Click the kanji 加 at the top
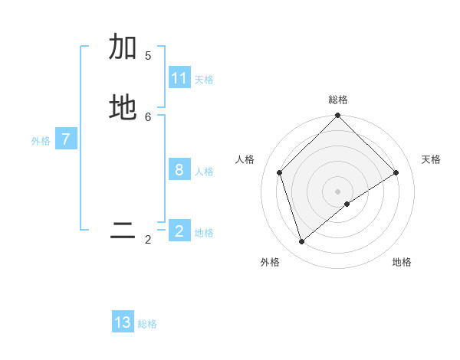click(x=123, y=47)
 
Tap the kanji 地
click(x=123, y=108)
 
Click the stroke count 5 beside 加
click(x=148, y=56)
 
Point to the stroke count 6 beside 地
click(x=148, y=116)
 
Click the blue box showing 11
click(x=179, y=78)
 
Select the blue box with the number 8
click(x=179, y=169)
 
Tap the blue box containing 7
click(x=66, y=139)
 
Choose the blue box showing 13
click(x=123, y=322)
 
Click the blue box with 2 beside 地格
click(x=179, y=231)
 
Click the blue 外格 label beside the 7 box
click(x=41, y=141)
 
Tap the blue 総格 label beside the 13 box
click(x=147, y=324)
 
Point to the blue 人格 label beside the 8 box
click(x=204, y=172)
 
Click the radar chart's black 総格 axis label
click(x=338, y=100)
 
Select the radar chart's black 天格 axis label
click(x=431, y=159)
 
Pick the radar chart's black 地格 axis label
click(x=402, y=262)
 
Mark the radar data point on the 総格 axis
click(x=338, y=116)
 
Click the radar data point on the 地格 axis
click(x=347, y=204)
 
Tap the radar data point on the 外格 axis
click(x=302, y=241)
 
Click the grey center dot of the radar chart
click(x=338, y=191)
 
